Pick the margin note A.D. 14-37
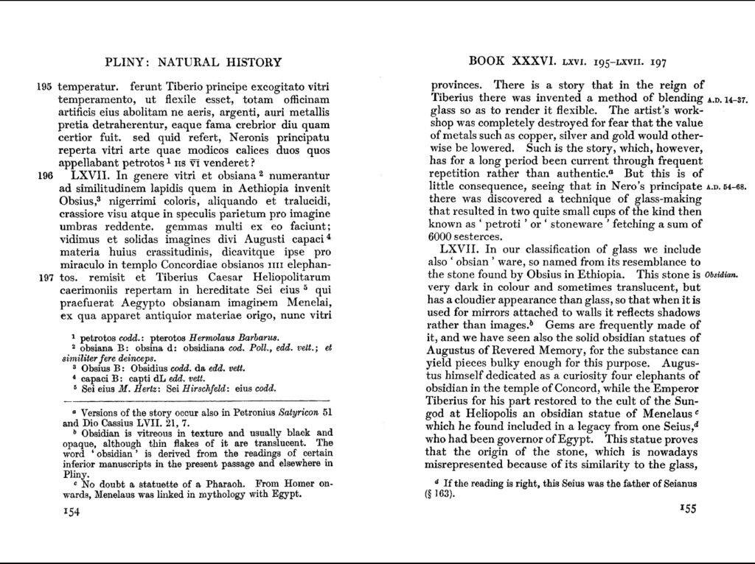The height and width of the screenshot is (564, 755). [726, 99]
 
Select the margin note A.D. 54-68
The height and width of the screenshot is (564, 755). [726, 186]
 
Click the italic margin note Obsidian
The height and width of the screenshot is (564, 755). [726, 275]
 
